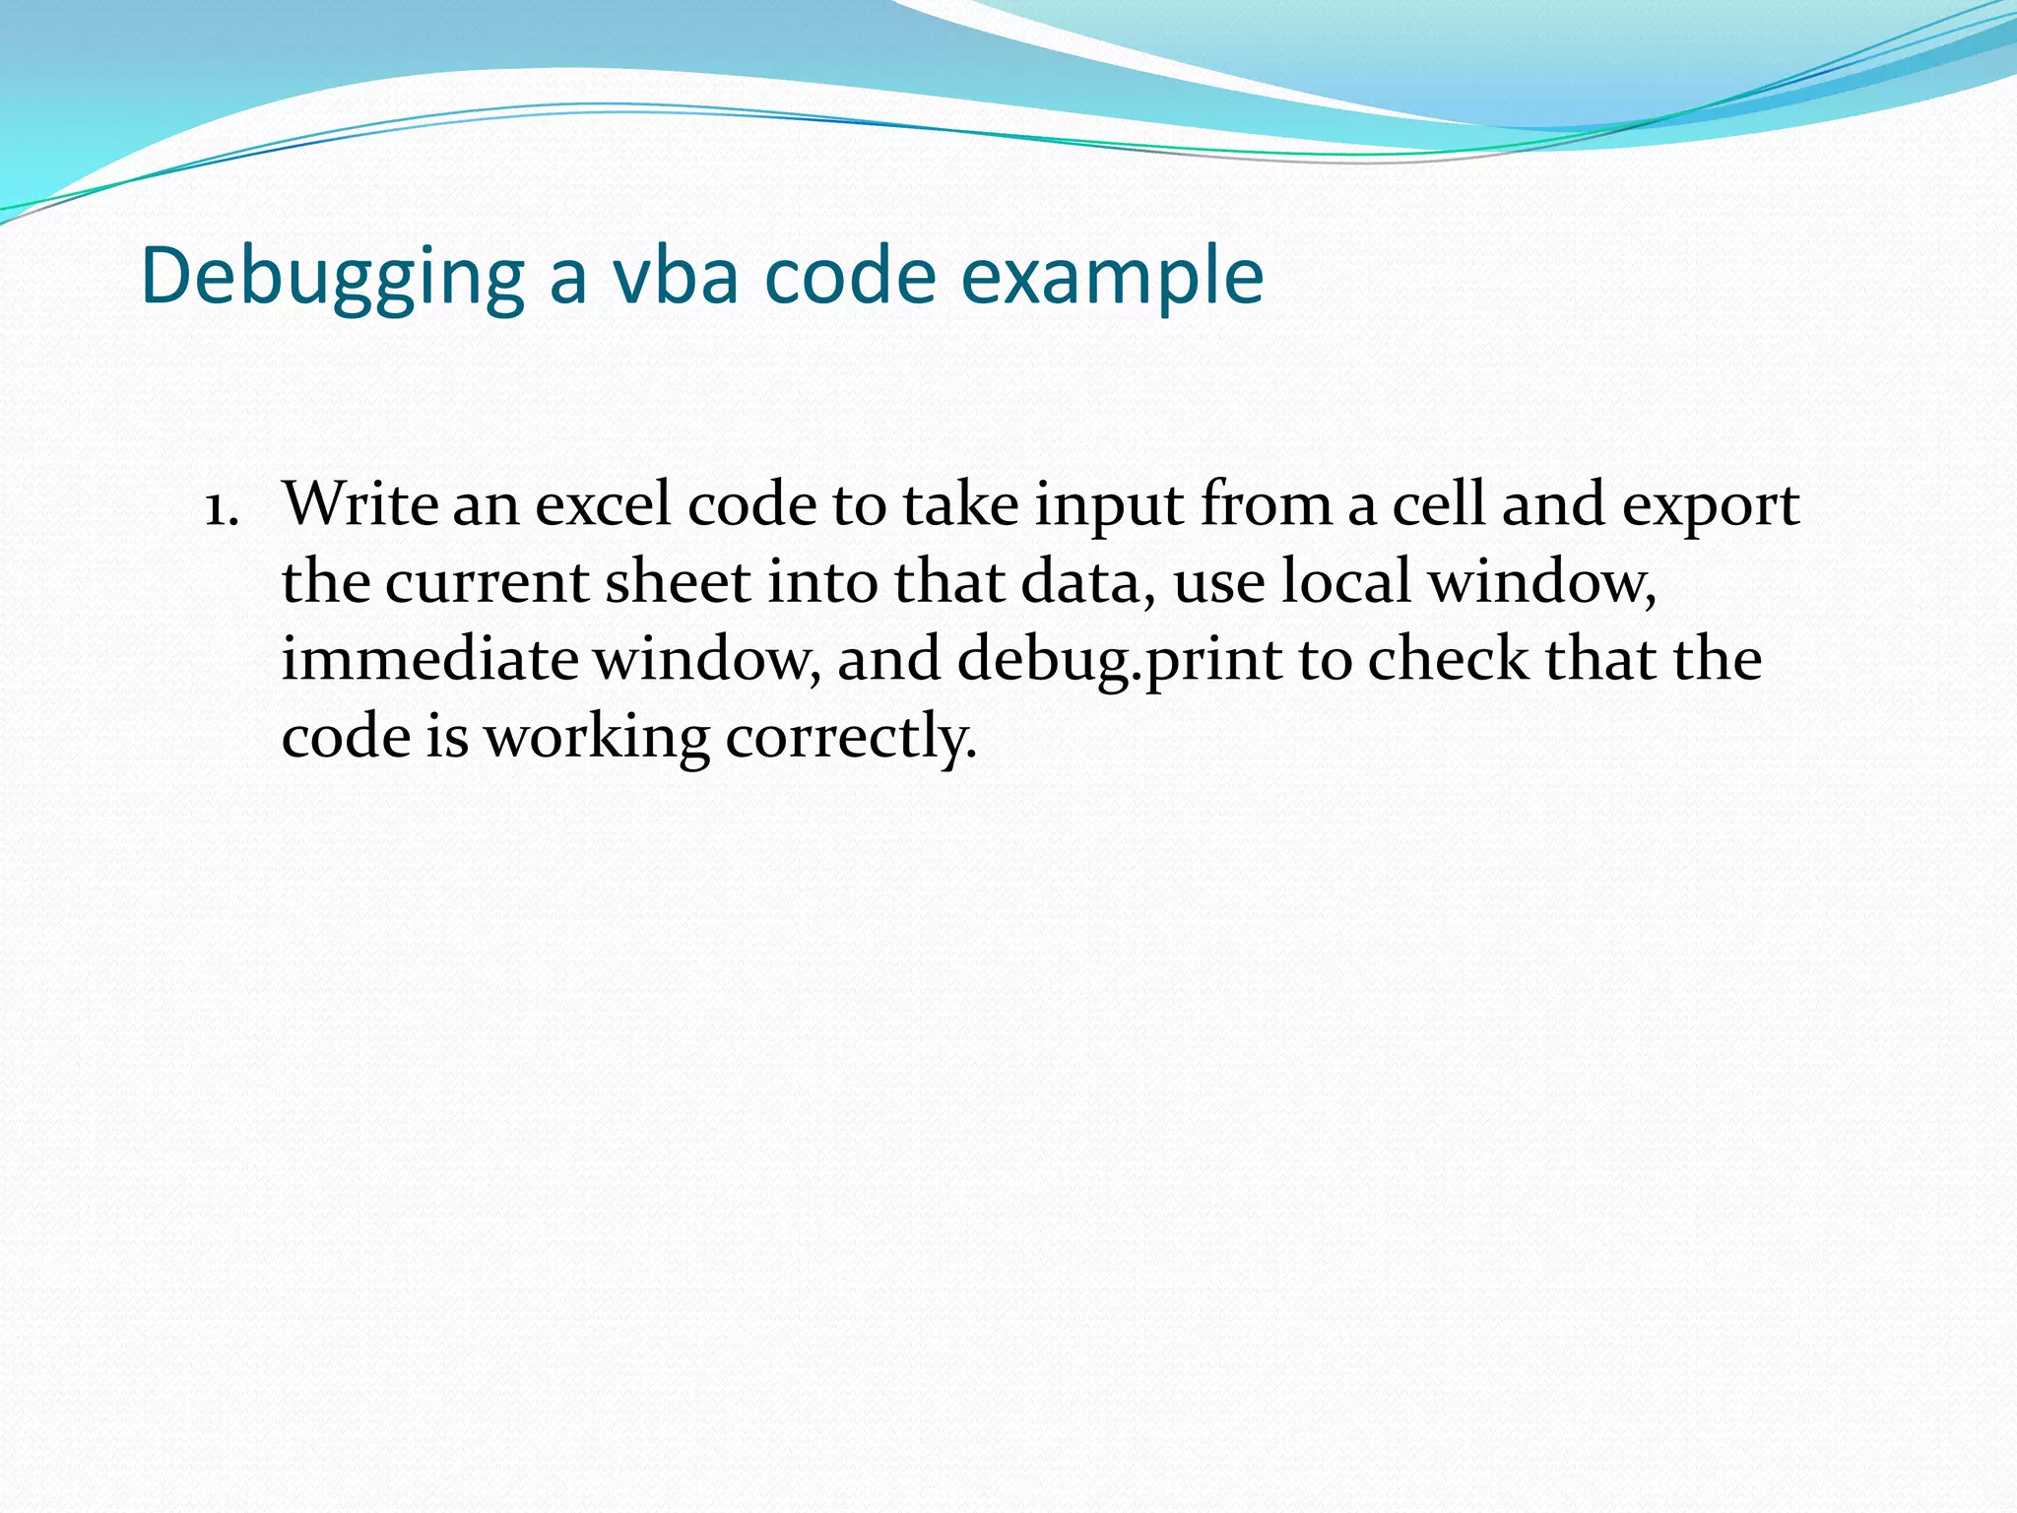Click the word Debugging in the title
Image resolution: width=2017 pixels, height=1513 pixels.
pyautogui.click(x=332, y=278)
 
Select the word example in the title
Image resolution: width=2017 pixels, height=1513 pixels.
pyautogui.click(x=1112, y=278)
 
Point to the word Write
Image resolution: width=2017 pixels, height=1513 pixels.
pyautogui.click(x=359, y=503)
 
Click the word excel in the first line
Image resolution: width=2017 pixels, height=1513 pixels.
pyautogui.click(x=602, y=503)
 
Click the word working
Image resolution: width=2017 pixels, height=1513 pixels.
pyautogui.click(x=596, y=738)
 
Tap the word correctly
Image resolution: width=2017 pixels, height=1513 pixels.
pyautogui.click(x=851, y=738)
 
